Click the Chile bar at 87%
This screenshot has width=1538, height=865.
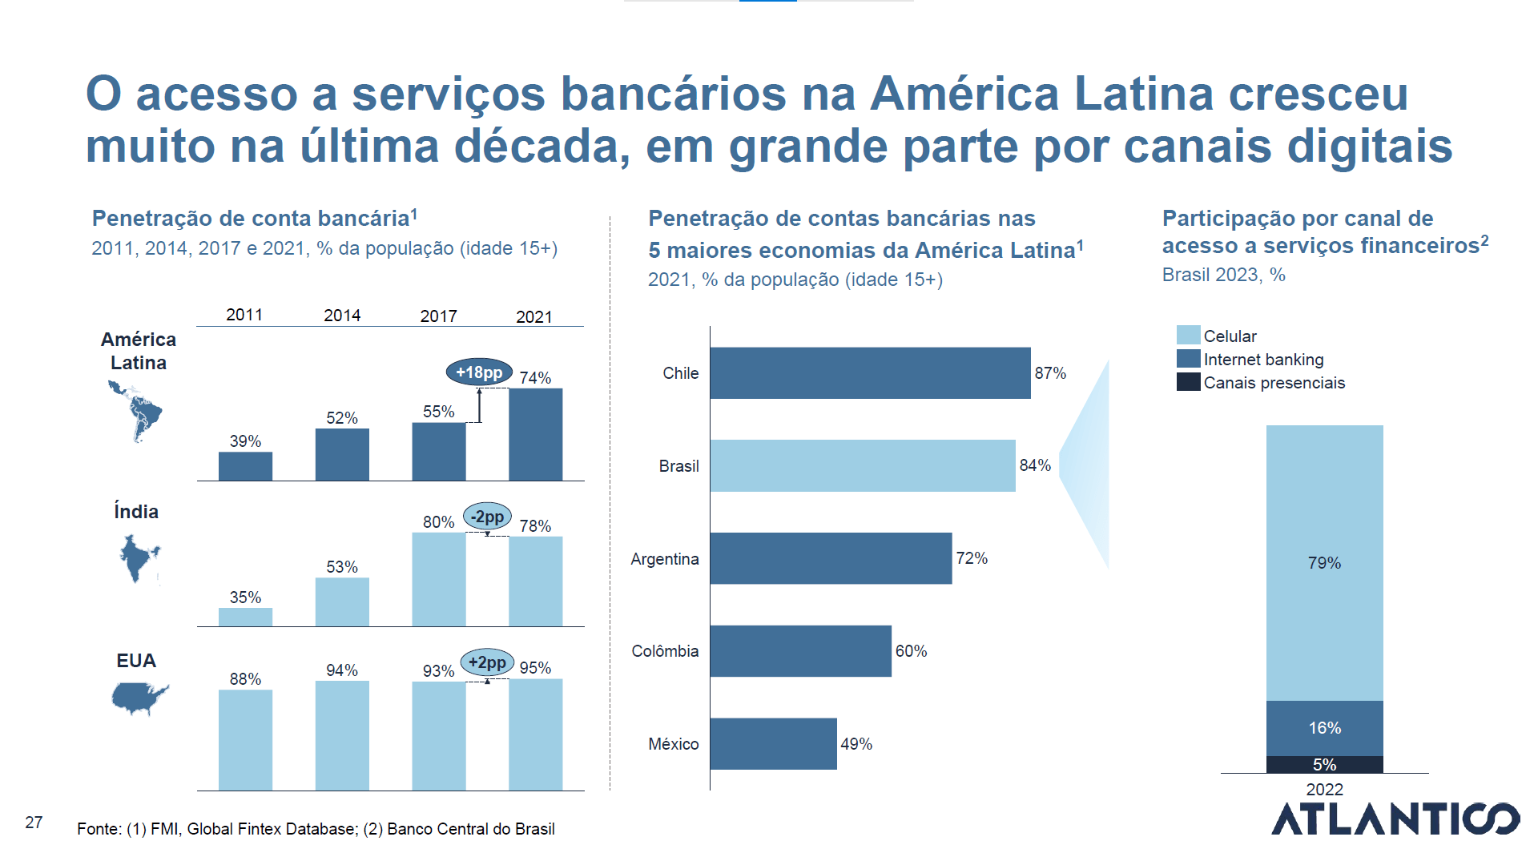click(x=870, y=373)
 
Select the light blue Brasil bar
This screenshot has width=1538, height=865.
click(x=862, y=465)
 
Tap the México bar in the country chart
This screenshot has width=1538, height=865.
click(x=773, y=744)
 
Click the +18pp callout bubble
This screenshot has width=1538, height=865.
click(x=479, y=372)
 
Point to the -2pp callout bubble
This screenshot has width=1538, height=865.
click(x=487, y=517)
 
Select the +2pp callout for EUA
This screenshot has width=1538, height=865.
click(x=487, y=662)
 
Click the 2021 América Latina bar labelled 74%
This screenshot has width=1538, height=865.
click(x=535, y=434)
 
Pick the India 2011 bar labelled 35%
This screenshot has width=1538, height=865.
click(x=245, y=617)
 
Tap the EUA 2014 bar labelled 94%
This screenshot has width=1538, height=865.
click(x=342, y=735)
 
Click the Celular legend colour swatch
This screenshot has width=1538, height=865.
click(x=1188, y=336)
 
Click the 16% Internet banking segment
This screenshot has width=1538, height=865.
click(x=1324, y=728)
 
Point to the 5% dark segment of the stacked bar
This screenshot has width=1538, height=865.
click(x=1324, y=765)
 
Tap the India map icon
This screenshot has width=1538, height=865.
click(x=139, y=557)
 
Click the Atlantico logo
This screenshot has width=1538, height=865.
click(x=1395, y=819)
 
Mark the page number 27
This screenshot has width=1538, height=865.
click(x=34, y=823)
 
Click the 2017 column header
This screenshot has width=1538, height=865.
click(x=438, y=316)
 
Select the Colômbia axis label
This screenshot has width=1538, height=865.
click(x=665, y=651)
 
